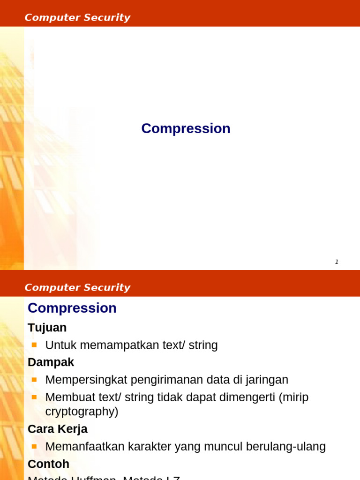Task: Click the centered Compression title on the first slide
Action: [x=186, y=128]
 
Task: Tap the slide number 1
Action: [x=337, y=262]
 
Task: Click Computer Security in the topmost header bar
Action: [x=77, y=18]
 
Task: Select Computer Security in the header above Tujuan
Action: [x=77, y=288]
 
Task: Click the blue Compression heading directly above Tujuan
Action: [x=72, y=308]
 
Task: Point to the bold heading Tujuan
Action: [x=47, y=328]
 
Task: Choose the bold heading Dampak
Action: [x=51, y=362]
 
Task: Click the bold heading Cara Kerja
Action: [x=58, y=429]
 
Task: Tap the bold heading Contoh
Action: [x=48, y=464]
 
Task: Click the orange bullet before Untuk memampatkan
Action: [x=34, y=345]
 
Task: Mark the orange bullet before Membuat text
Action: [x=34, y=397]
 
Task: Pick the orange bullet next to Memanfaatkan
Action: [x=34, y=446]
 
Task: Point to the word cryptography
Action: [x=80, y=412]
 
